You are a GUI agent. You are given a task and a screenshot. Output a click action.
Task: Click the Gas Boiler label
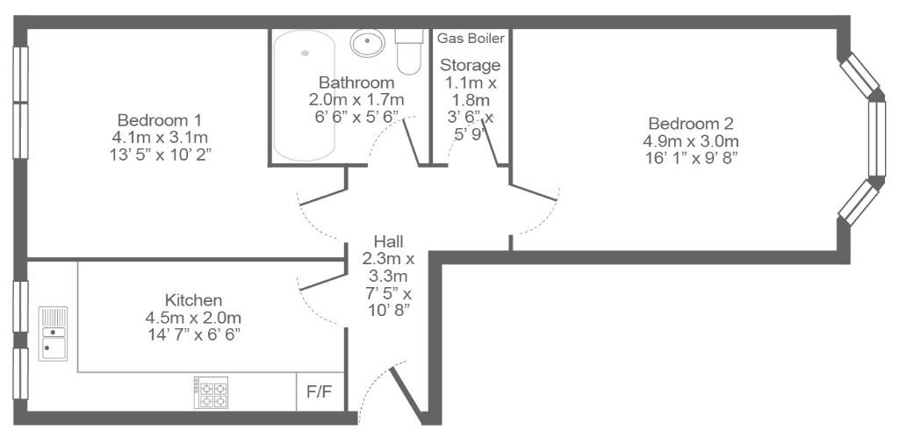(x=471, y=39)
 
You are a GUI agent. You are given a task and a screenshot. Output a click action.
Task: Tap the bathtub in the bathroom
(x=304, y=95)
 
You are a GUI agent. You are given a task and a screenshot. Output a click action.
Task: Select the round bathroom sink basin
(x=367, y=43)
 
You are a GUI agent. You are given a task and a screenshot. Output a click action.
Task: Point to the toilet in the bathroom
(x=409, y=52)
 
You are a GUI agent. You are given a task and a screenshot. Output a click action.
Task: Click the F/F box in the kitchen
(x=320, y=392)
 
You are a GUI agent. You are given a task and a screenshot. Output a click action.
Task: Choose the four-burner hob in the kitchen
(x=211, y=392)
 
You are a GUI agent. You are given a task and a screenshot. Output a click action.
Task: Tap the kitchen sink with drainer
(x=53, y=334)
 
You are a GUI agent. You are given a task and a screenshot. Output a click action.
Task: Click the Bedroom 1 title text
(x=160, y=120)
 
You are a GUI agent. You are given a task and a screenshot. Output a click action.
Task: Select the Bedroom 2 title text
(x=691, y=123)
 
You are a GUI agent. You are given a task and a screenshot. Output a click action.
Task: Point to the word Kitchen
(x=193, y=300)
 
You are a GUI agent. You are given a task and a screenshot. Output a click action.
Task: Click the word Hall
(x=388, y=241)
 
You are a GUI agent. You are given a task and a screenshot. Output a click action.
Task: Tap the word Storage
(x=470, y=65)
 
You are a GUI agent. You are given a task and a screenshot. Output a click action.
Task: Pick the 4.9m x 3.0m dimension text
(x=692, y=141)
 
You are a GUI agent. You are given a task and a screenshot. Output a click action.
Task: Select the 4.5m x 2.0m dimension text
(x=194, y=318)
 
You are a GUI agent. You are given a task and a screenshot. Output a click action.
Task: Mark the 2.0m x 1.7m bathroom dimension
(x=356, y=100)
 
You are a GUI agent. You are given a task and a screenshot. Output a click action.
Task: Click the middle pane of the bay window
(x=877, y=139)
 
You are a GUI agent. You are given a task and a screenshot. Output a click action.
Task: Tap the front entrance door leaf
(x=407, y=396)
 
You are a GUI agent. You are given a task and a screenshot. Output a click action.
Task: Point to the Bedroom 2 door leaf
(x=533, y=192)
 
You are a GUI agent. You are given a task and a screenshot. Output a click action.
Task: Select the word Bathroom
(x=356, y=82)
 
